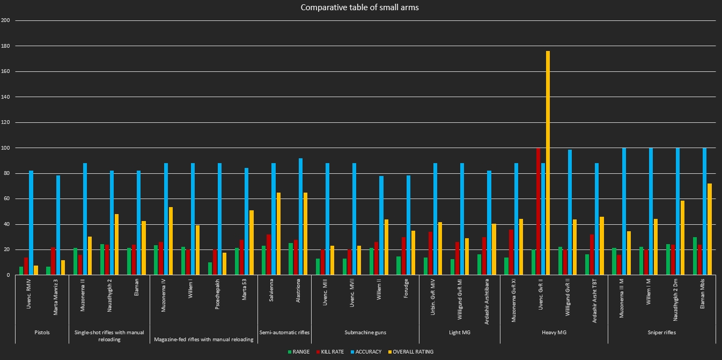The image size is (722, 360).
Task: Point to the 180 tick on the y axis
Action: (6, 46)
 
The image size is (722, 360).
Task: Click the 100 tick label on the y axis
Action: (6, 148)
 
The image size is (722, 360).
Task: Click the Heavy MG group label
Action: (554, 333)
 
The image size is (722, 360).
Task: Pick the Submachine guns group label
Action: (365, 333)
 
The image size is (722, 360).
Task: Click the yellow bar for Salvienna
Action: (278, 234)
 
